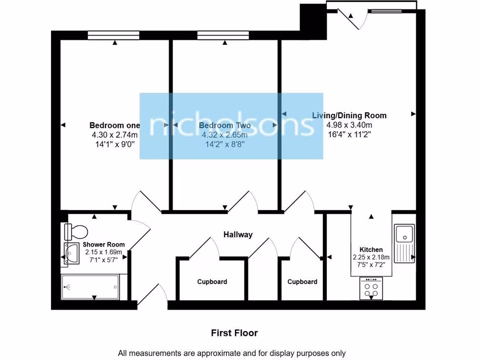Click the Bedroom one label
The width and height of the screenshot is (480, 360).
click(115, 126)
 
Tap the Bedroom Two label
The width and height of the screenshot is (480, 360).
click(225, 126)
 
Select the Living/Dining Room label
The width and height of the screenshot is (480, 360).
click(350, 115)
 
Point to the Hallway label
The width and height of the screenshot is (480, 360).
click(238, 235)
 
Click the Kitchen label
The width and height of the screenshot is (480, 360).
click(371, 250)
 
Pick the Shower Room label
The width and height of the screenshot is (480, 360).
click(104, 245)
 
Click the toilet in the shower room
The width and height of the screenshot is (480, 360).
click(76, 231)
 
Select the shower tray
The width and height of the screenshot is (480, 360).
click(90, 287)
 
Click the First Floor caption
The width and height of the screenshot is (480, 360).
click(234, 333)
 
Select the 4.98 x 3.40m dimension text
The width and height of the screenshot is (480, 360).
click(350, 125)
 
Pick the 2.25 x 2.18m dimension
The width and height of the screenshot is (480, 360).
click(371, 257)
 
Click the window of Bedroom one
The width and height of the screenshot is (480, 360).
click(113, 35)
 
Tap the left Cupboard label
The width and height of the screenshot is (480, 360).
click(212, 282)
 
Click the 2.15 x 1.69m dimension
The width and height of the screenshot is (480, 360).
click(104, 252)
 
